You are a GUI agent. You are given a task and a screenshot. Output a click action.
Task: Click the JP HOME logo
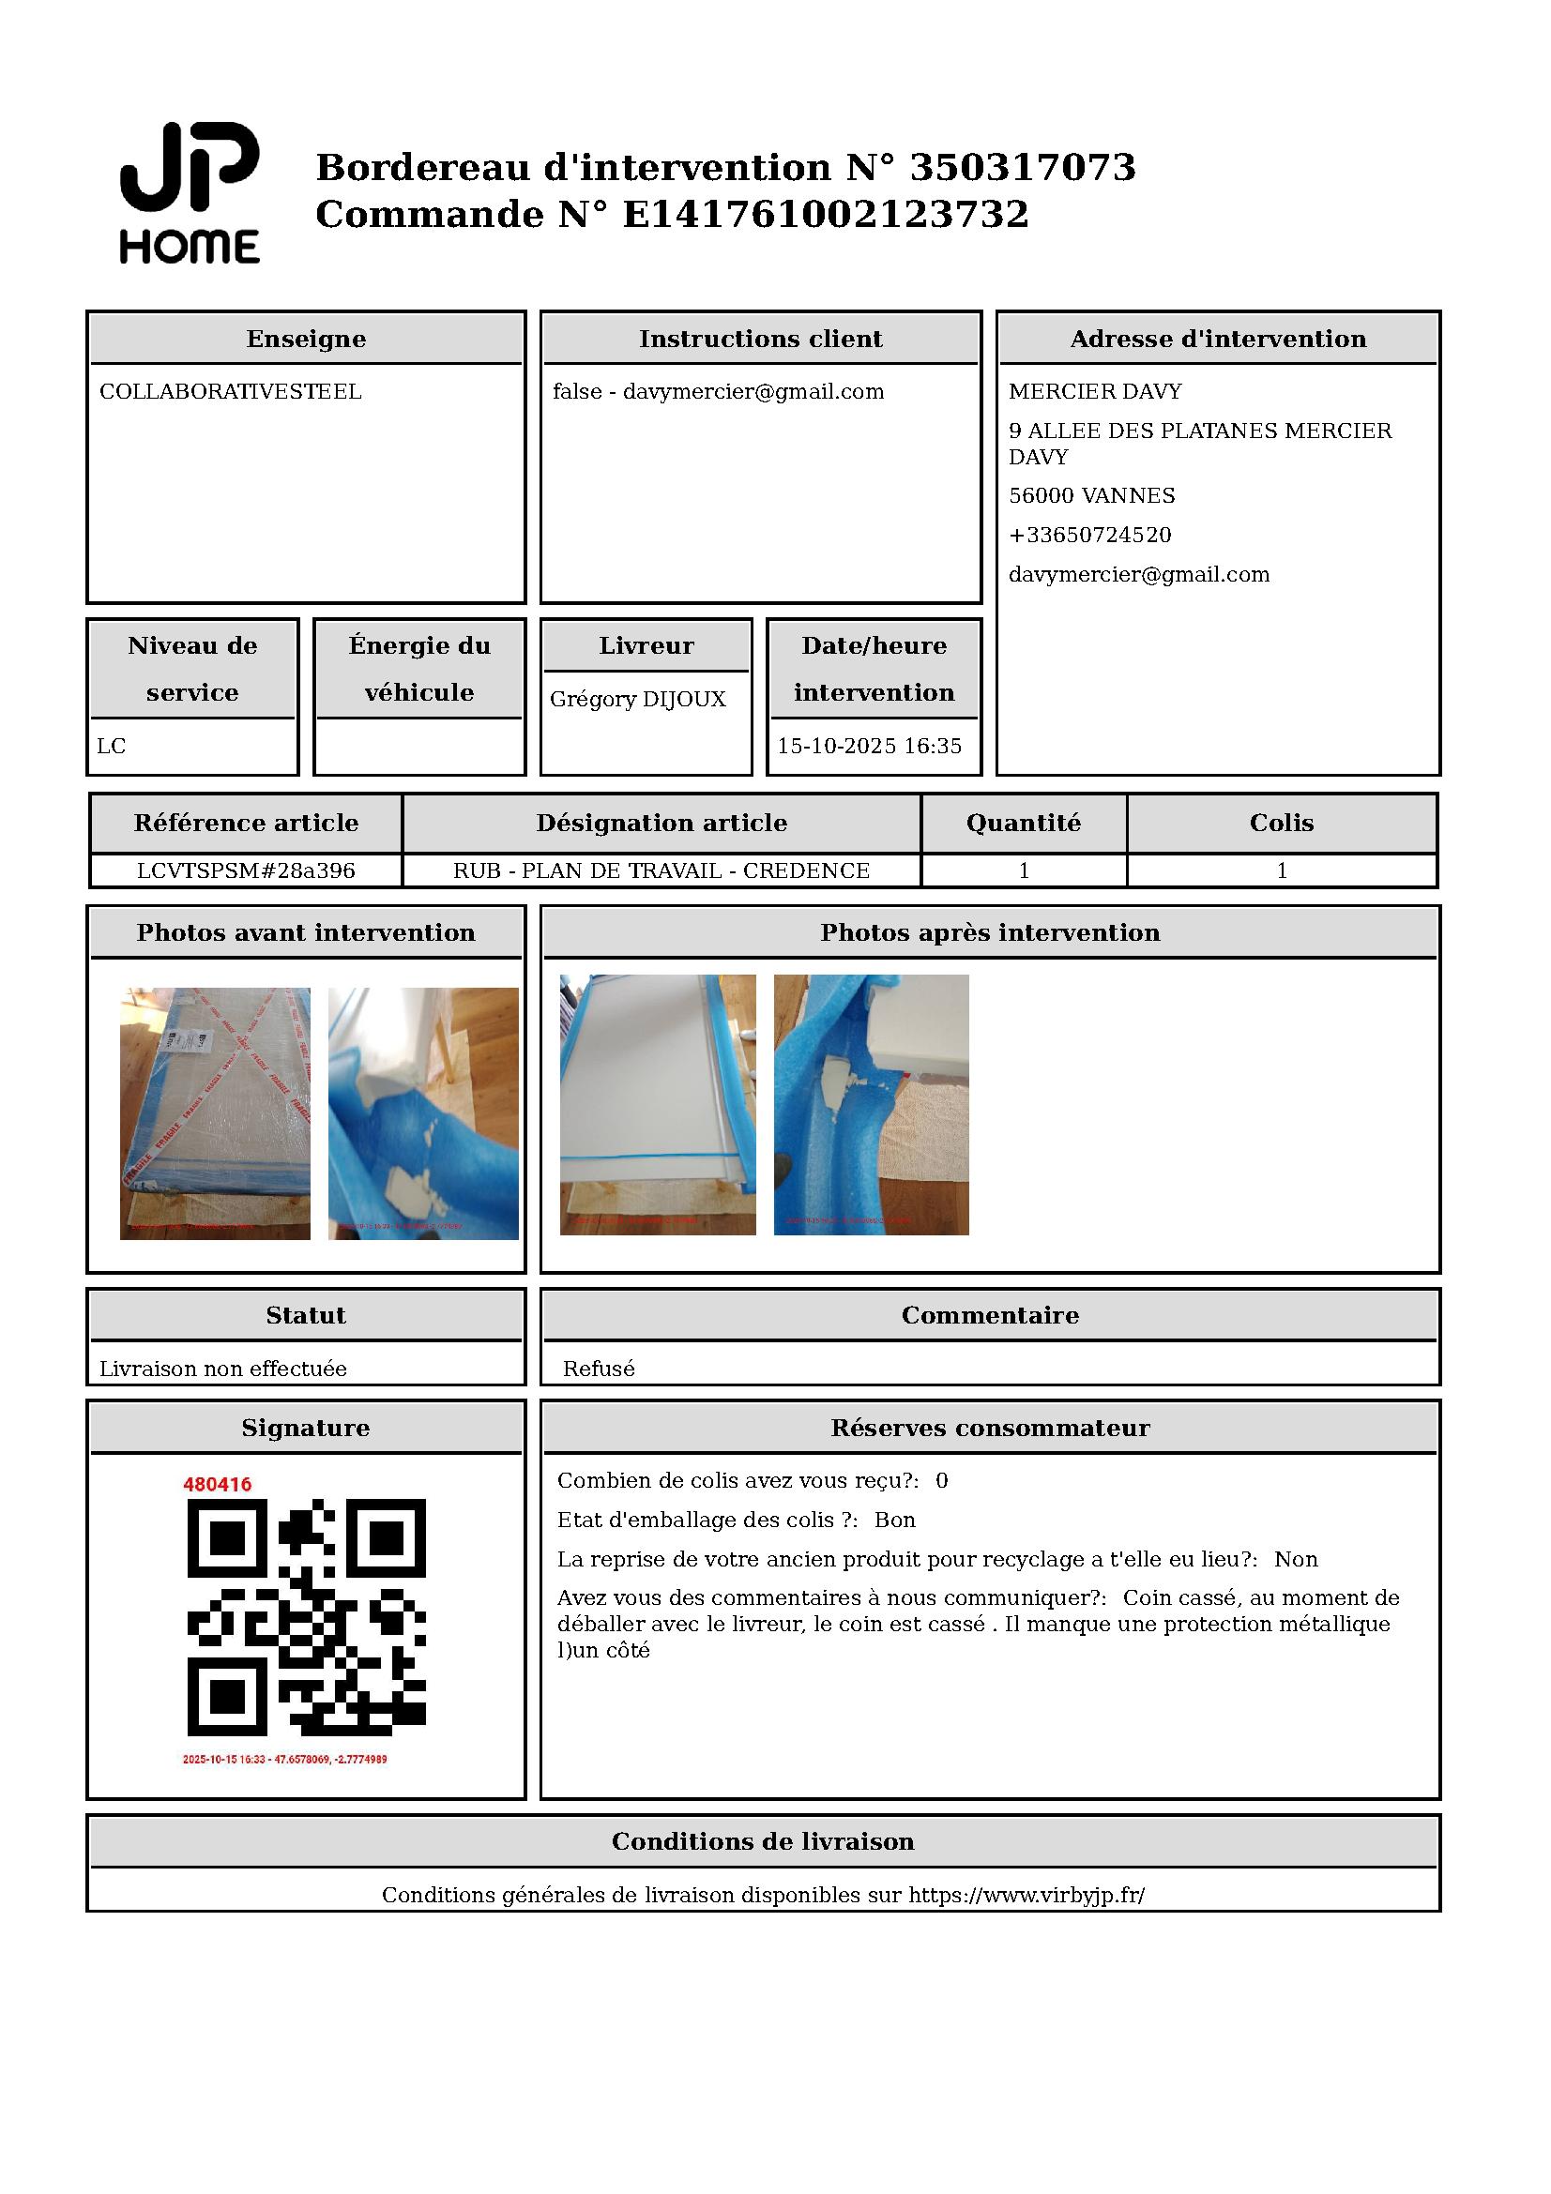tap(190, 192)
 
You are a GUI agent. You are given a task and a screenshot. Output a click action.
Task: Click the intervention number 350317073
tap(1022, 167)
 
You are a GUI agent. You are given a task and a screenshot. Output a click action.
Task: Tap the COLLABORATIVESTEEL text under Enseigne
tap(230, 392)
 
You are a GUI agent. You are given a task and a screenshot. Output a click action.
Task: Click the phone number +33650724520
tap(1089, 535)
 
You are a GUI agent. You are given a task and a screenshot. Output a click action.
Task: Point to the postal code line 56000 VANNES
tap(1091, 496)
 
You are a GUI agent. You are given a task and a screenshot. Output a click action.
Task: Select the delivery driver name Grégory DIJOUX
tap(637, 700)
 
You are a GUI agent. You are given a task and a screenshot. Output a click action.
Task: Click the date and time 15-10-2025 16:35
tap(869, 747)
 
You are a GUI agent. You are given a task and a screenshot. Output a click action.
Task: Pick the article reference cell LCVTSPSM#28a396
tap(246, 870)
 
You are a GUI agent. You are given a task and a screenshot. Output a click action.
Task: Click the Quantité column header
tap(1023, 823)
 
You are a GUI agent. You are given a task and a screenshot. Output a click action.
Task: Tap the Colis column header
tap(1281, 823)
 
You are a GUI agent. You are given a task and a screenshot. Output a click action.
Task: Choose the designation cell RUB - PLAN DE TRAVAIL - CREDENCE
tap(661, 870)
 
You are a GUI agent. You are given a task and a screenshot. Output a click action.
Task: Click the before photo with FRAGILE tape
tap(215, 1113)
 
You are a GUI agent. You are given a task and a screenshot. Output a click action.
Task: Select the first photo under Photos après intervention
tap(658, 1105)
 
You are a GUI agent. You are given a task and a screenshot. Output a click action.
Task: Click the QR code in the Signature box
tap(306, 1617)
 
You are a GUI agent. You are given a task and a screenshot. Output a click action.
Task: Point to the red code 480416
tap(217, 1484)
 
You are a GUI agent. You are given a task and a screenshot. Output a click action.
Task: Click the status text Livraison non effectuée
tap(222, 1369)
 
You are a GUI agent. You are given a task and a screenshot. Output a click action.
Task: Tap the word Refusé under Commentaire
tap(599, 1369)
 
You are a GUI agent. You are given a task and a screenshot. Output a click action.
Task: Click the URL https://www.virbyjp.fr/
tap(1026, 1895)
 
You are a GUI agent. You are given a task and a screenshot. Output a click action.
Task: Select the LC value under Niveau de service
tap(111, 747)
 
